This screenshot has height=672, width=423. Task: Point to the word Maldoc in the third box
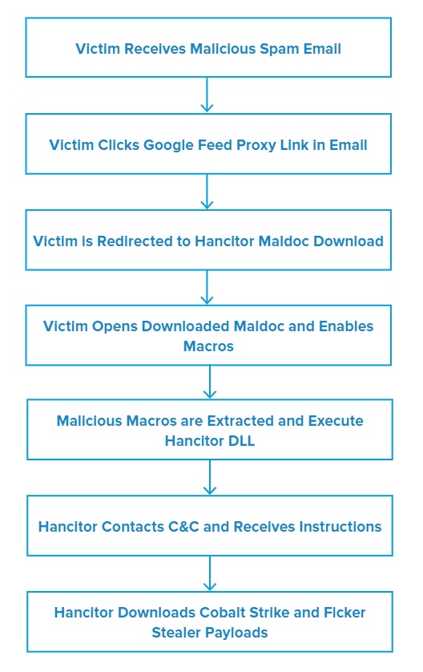tap(284, 241)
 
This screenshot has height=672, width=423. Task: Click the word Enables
tap(346, 326)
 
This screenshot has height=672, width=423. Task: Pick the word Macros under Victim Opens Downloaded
tap(208, 346)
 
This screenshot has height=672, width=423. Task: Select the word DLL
tap(241, 441)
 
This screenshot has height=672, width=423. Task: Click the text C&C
tap(183, 527)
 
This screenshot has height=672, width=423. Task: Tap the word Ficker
tap(344, 613)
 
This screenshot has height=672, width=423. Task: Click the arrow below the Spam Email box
tap(207, 95)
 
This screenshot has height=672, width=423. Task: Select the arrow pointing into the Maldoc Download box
tap(207, 192)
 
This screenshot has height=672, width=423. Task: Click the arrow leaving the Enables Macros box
tap(210, 383)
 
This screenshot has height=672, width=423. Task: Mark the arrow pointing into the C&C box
tap(210, 478)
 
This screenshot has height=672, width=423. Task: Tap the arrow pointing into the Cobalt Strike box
tap(210, 574)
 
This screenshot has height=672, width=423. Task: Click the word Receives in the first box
tap(155, 49)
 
